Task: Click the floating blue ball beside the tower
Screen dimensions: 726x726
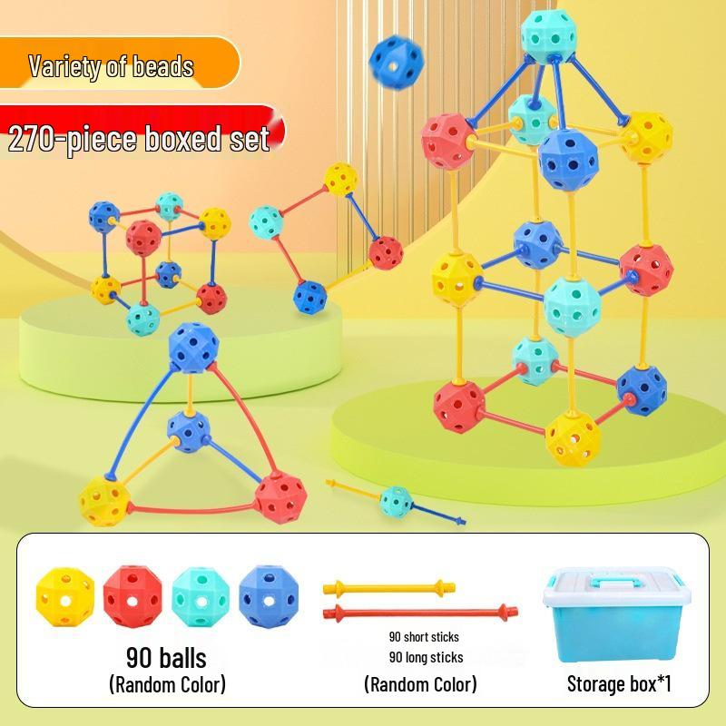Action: (x=397, y=63)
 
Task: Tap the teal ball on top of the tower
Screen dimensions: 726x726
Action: (x=549, y=35)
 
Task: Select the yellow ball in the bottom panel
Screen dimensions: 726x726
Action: (x=65, y=597)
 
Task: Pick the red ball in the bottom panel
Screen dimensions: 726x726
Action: (x=132, y=596)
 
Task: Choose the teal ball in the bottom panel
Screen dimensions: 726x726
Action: (x=201, y=597)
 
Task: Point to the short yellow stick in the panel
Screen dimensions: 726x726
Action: (x=389, y=588)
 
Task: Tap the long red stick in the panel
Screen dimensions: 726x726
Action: (x=420, y=613)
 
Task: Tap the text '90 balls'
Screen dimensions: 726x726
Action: (x=166, y=657)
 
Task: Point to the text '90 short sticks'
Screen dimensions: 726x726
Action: (x=424, y=637)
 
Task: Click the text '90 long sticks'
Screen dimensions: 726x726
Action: (x=426, y=657)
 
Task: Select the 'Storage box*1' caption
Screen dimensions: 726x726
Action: (x=619, y=683)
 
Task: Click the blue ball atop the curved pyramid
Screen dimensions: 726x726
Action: (x=193, y=348)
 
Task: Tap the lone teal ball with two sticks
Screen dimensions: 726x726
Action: (x=396, y=502)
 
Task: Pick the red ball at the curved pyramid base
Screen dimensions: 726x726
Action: (x=280, y=497)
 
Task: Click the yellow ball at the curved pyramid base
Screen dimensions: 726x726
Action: (x=104, y=502)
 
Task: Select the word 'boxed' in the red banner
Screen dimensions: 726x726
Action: (x=184, y=139)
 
